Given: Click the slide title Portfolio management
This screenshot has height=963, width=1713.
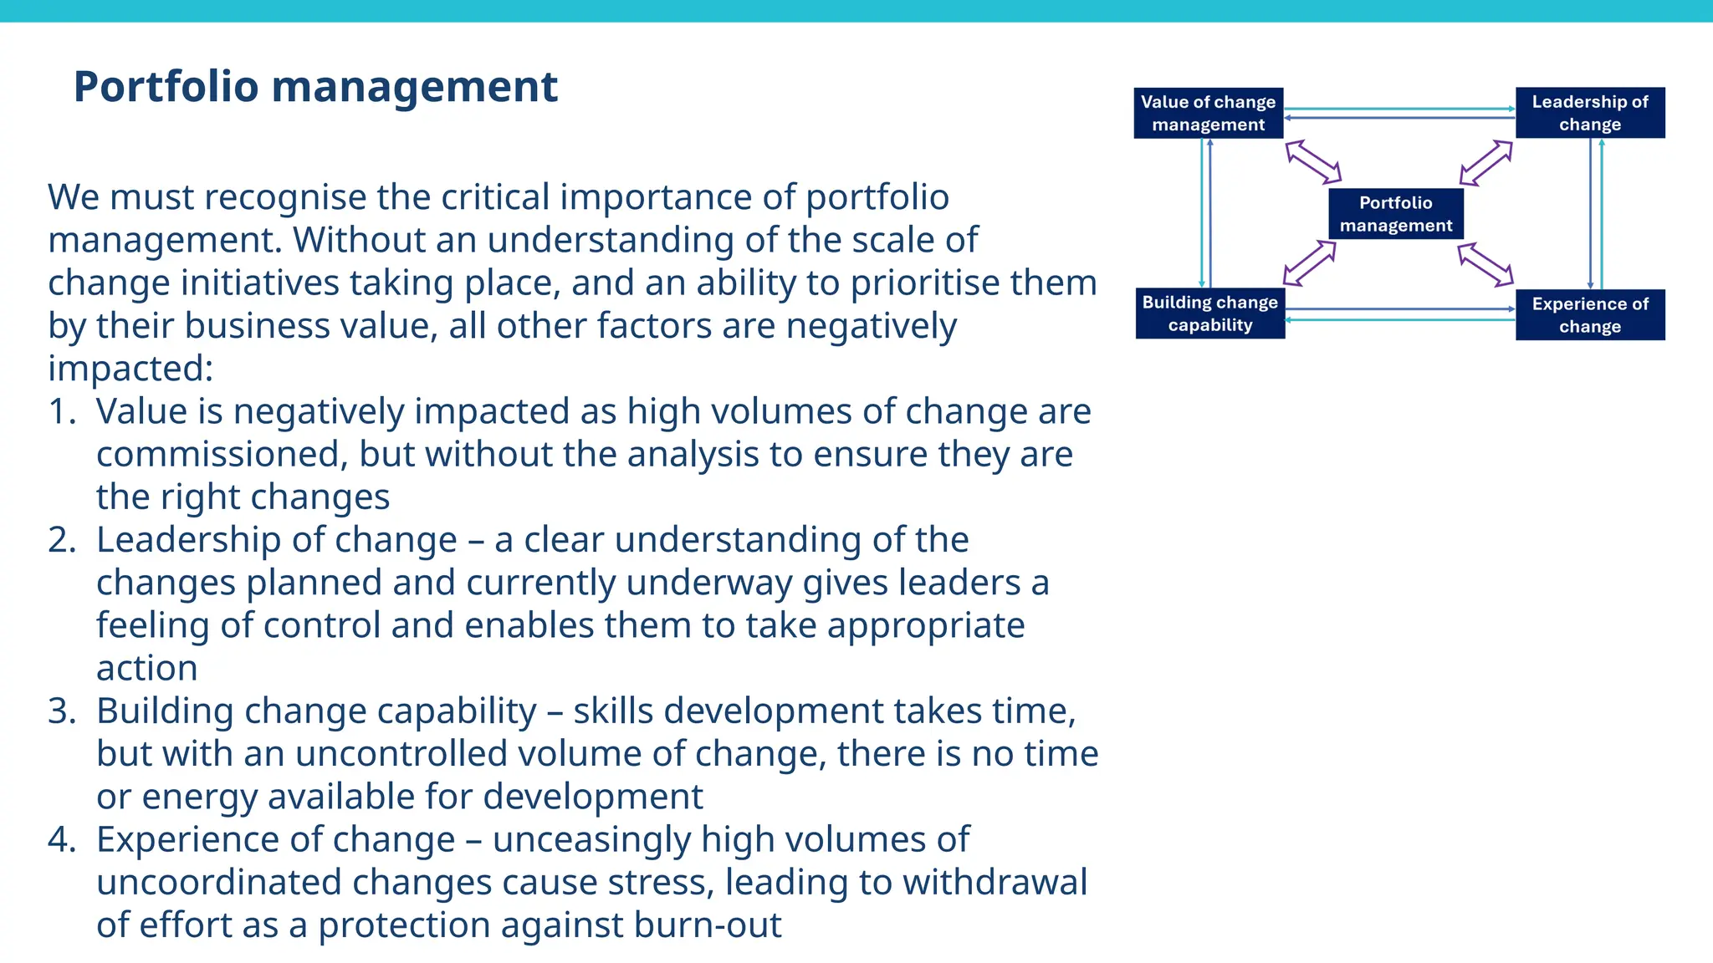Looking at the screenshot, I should click(x=315, y=87).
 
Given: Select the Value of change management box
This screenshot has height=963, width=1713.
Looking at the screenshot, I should click(x=1208, y=113).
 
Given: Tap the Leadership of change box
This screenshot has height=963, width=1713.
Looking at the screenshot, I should click(x=1589, y=113).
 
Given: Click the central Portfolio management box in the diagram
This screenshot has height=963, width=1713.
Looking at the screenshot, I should click(x=1395, y=214).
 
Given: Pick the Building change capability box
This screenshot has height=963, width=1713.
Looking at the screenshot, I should click(x=1209, y=313).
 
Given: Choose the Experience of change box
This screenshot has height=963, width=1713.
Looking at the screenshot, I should click(x=1589, y=315).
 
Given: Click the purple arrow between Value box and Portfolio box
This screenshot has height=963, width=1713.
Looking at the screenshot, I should click(x=1313, y=161).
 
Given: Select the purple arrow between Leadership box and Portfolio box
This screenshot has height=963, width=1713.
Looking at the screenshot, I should click(x=1486, y=162).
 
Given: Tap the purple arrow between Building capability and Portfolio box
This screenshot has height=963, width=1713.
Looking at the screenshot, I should click(x=1310, y=262).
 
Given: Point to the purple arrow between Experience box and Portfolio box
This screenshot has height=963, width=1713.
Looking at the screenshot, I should click(x=1485, y=265).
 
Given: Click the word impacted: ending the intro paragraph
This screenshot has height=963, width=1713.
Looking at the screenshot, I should click(x=130, y=369).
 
